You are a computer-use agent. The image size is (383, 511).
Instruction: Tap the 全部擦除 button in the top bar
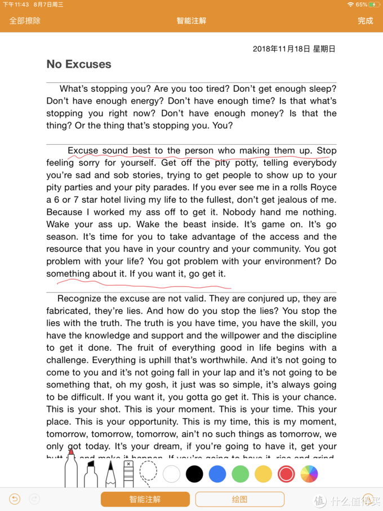[25, 21]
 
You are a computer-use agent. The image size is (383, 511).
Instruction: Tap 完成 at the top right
[365, 21]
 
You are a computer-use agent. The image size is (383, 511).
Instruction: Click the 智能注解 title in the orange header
[191, 21]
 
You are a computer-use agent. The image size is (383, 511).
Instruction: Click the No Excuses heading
[79, 64]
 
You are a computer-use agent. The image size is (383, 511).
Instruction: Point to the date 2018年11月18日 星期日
[294, 49]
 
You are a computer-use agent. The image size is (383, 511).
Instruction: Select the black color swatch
[194, 474]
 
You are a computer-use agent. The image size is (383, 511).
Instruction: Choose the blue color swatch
[217, 474]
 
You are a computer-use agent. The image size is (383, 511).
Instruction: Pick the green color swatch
[241, 474]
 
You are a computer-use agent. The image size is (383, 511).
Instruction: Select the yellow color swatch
[263, 474]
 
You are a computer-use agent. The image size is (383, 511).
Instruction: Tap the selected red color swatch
[286, 474]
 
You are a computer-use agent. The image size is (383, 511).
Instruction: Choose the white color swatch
[171, 474]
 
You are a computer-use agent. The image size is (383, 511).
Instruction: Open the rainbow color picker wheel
[309, 474]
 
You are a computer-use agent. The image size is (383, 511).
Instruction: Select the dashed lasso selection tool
[148, 472]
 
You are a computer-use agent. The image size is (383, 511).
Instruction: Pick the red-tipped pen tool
[71, 468]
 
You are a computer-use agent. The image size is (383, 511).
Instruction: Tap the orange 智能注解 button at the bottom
[145, 499]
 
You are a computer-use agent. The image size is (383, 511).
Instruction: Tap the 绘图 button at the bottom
[239, 499]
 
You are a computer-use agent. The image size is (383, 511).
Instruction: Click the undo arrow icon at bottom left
[15, 499]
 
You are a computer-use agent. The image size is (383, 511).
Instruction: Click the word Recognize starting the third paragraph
[79, 299]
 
